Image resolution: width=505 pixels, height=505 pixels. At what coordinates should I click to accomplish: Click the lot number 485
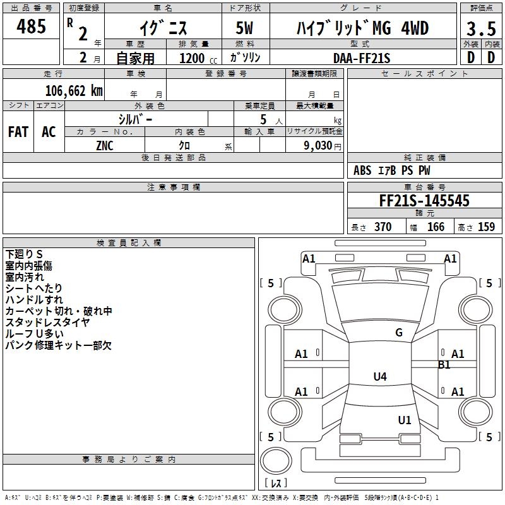[x=31, y=27]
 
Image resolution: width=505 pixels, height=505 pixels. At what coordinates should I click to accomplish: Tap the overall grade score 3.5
[x=480, y=29]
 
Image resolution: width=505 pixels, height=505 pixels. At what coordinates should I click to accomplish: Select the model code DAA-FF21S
[x=362, y=58]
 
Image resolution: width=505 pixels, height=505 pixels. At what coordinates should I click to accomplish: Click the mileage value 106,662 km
[x=74, y=90]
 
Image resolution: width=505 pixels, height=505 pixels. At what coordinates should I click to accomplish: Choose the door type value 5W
[x=244, y=28]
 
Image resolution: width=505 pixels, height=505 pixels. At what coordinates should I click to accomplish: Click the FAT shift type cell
[x=18, y=132]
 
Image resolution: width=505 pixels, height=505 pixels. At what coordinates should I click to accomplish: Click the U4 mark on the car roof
[x=379, y=377]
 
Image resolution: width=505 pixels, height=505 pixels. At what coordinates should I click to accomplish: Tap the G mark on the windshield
[x=398, y=333]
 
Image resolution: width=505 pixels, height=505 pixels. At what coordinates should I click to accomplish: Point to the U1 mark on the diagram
[x=404, y=420]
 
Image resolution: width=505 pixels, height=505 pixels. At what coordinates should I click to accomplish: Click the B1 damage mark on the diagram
[x=444, y=364]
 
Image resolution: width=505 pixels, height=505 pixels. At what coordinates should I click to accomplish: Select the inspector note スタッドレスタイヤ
[x=47, y=323]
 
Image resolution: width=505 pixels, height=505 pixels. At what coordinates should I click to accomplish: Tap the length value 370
[x=383, y=227]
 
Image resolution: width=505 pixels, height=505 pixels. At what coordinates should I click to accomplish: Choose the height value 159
[x=486, y=227]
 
